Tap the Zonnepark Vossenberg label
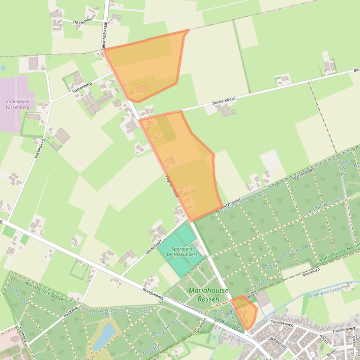click(17, 104)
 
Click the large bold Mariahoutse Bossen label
click(208, 295)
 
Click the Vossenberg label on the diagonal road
click(82, 87)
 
